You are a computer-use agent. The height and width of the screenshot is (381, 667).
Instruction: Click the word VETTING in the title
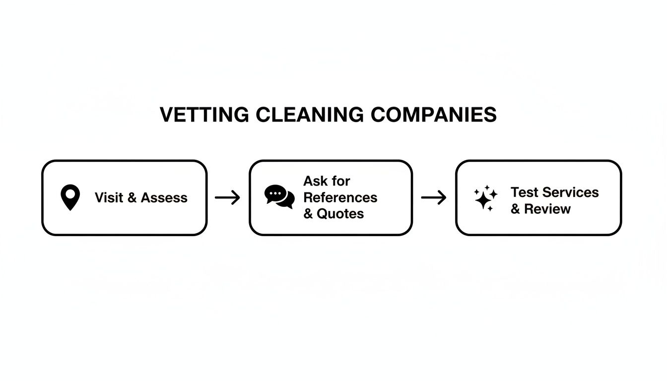tap(204, 115)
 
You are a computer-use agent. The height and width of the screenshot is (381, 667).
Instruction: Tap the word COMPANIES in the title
tap(433, 115)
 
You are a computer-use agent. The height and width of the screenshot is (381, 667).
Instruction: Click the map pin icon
tap(70, 197)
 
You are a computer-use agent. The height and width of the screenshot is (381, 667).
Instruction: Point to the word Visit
tap(109, 197)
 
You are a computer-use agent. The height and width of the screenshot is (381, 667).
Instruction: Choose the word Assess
tap(164, 197)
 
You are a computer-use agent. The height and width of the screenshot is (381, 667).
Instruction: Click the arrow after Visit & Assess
tap(227, 197)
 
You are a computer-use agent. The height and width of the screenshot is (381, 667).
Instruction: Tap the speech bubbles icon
tap(279, 197)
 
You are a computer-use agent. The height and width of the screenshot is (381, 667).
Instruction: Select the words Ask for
tap(327, 181)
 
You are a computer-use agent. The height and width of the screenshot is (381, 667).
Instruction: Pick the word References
tap(340, 197)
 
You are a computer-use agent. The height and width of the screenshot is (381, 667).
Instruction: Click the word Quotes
tap(340, 214)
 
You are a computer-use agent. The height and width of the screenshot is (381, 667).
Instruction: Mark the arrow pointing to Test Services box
tap(434, 197)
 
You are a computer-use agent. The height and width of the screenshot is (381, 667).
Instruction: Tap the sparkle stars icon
tap(485, 198)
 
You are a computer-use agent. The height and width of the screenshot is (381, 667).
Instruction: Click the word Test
tap(525, 192)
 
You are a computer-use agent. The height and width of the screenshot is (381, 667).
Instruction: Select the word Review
tap(547, 209)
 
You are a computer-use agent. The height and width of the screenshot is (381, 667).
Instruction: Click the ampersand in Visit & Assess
tap(132, 197)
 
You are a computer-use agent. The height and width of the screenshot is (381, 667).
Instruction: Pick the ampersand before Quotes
tap(308, 214)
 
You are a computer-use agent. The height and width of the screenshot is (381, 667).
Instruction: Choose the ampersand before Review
tap(515, 209)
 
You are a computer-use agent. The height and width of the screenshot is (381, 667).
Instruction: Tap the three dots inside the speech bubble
tap(275, 193)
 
